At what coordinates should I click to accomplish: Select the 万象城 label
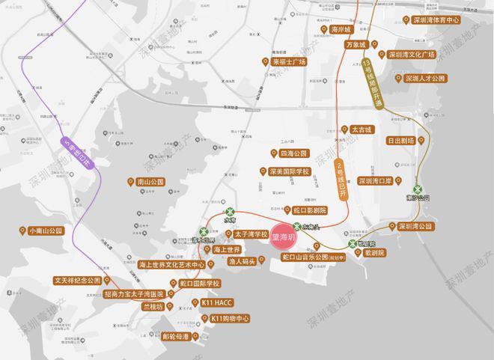pos(354,45)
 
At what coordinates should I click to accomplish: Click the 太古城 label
pos(363,129)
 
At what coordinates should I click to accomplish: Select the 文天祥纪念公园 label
pos(77,281)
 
